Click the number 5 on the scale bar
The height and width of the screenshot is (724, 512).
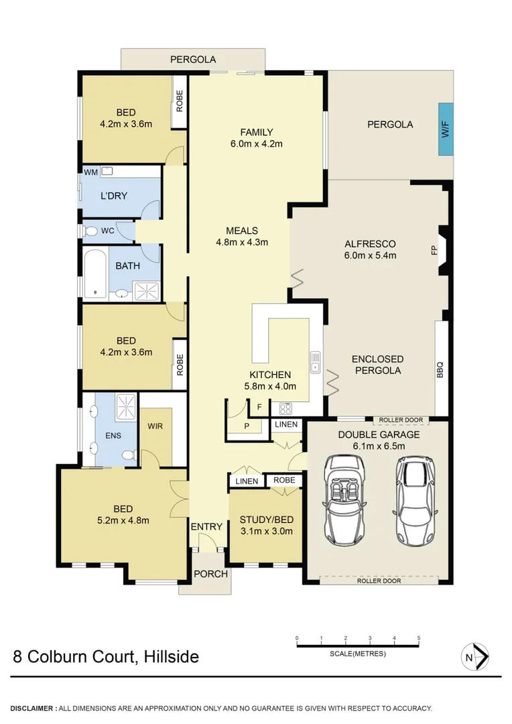coord(419,638)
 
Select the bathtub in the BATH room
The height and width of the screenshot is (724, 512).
coord(96,273)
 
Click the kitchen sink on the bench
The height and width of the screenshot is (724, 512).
coord(314,363)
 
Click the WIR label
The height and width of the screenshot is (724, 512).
coord(155,426)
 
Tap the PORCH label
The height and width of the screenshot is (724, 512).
coord(210,574)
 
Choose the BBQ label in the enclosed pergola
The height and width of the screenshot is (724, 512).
coord(440,369)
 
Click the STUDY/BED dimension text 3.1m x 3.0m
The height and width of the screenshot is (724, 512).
coord(266,532)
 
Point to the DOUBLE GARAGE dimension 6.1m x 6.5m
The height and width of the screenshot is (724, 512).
coord(379,446)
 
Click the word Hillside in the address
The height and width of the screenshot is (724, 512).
coord(170,656)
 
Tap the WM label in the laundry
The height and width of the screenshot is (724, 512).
coord(90,172)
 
